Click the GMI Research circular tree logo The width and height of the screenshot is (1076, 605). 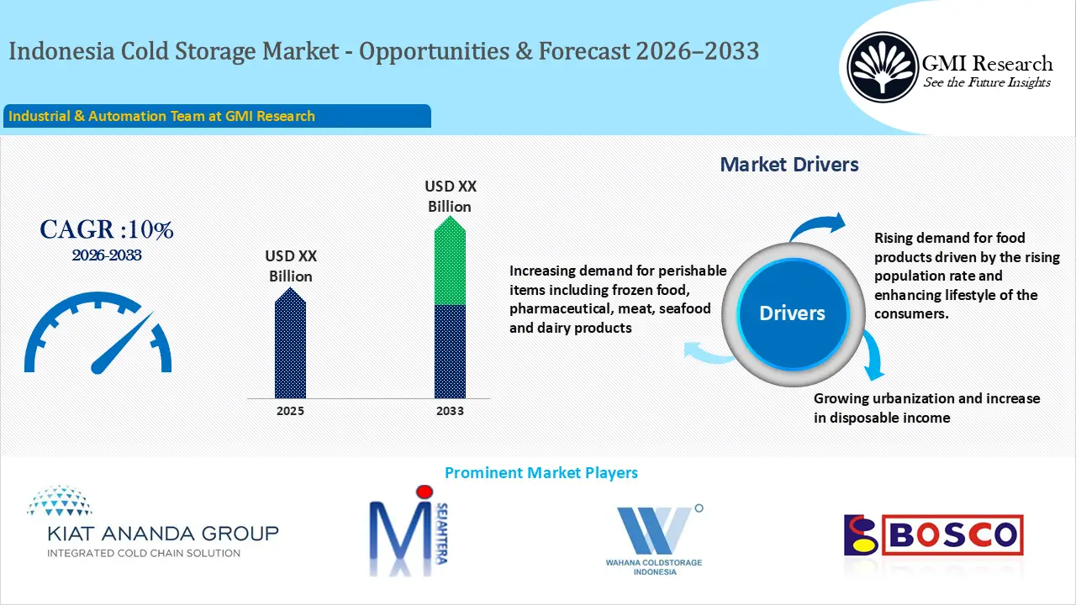pos(882,66)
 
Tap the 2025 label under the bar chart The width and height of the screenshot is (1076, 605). pos(290,411)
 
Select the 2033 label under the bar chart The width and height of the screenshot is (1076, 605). pos(450,411)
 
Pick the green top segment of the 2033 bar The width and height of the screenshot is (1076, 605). pos(450,260)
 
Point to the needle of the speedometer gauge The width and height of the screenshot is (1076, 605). pos(122,343)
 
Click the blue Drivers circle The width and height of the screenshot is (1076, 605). pos(792,313)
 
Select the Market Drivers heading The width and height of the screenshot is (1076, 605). pos(789,165)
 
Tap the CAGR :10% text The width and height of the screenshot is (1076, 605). pos(107,229)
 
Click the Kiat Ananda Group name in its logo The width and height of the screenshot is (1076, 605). pos(163,534)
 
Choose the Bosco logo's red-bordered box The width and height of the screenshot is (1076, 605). pos(953,535)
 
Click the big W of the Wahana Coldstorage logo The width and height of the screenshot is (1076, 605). pos(654,530)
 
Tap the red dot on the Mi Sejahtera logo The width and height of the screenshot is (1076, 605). pos(425,492)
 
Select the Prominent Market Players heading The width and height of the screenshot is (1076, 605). pos(541,473)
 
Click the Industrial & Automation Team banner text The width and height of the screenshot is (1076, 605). pos(162,116)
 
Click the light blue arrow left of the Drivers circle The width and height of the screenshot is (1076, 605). pos(708,352)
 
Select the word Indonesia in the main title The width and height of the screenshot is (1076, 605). pos(62,51)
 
